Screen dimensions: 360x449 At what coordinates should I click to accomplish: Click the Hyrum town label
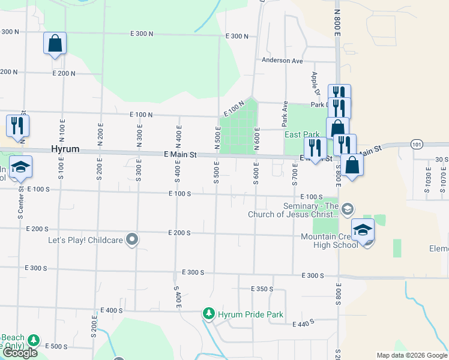(x=65, y=149)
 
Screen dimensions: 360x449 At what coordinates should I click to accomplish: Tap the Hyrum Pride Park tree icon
(x=209, y=313)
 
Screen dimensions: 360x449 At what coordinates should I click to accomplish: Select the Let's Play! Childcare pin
(x=133, y=240)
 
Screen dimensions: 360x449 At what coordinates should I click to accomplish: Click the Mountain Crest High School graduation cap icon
(x=363, y=230)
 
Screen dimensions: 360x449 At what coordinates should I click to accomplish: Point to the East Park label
(x=302, y=134)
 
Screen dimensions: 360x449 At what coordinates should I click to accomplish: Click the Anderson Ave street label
(x=282, y=61)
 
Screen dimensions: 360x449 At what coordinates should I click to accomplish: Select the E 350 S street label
(x=261, y=289)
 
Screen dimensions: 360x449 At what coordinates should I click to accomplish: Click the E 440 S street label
(x=304, y=325)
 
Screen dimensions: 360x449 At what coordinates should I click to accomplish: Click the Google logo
(x=19, y=353)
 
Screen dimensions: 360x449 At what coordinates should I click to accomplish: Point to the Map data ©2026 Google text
(x=412, y=355)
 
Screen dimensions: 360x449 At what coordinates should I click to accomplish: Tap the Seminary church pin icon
(x=348, y=209)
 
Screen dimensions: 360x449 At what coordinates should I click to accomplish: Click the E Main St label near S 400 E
(x=180, y=155)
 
